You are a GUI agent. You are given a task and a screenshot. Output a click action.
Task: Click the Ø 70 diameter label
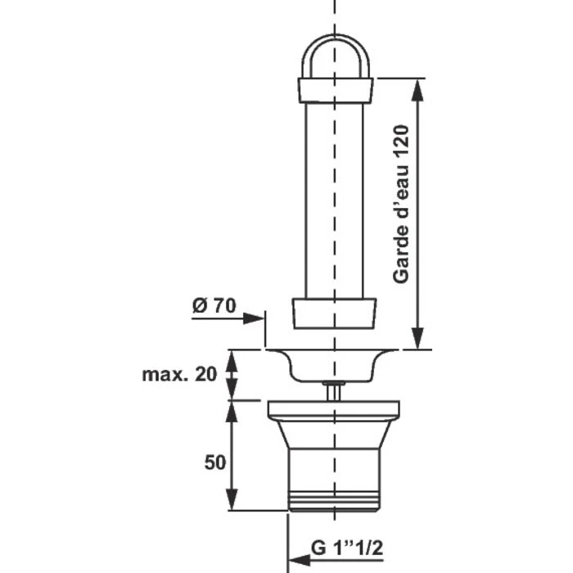click(x=214, y=305)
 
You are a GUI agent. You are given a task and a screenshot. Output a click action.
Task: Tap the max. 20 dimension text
click(x=179, y=374)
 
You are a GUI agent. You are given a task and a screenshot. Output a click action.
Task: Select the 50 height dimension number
click(x=214, y=462)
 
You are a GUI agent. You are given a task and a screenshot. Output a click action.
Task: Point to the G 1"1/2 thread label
click(x=347, y=548)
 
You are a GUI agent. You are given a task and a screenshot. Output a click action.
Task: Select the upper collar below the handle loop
click(x=335, y=90)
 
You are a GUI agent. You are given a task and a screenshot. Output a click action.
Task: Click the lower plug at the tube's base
click(x=334, y=314)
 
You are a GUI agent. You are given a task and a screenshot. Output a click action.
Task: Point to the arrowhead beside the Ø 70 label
click(x=254, y=318)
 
